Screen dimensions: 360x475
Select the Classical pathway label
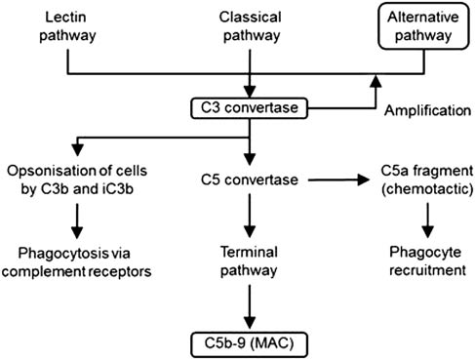click(252, 26)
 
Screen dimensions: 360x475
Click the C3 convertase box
click(252, 105)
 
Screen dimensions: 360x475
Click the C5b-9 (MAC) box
click(252, 342)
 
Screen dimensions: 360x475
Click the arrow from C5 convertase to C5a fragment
click(336, 180)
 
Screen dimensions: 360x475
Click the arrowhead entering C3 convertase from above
click(252, 89)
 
